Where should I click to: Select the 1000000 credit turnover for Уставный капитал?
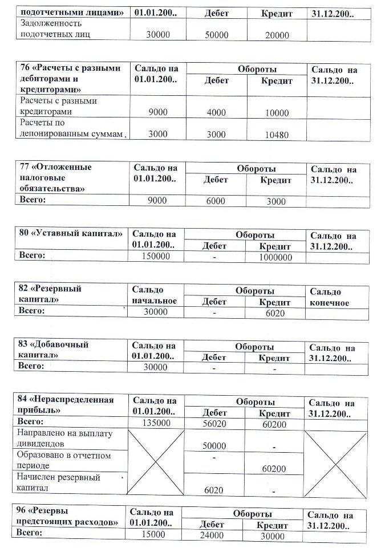click(x=276, y=257)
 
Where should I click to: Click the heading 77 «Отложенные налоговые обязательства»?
click(x=56, y=177)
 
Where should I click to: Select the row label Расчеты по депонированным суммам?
click(x=71, y=128)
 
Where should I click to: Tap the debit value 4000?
click(x=217, y=112)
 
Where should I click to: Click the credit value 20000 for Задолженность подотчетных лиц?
click(x=277, y=35)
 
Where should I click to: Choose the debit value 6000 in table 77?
click(x=216, y=201)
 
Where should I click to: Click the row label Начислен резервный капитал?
click(x=60, y=482)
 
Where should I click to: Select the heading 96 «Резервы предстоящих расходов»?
click(x=68, y=516)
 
